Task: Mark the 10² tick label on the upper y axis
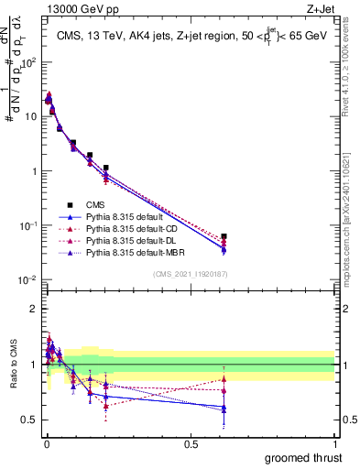[29, 62]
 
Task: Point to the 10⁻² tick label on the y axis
[29, 279]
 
